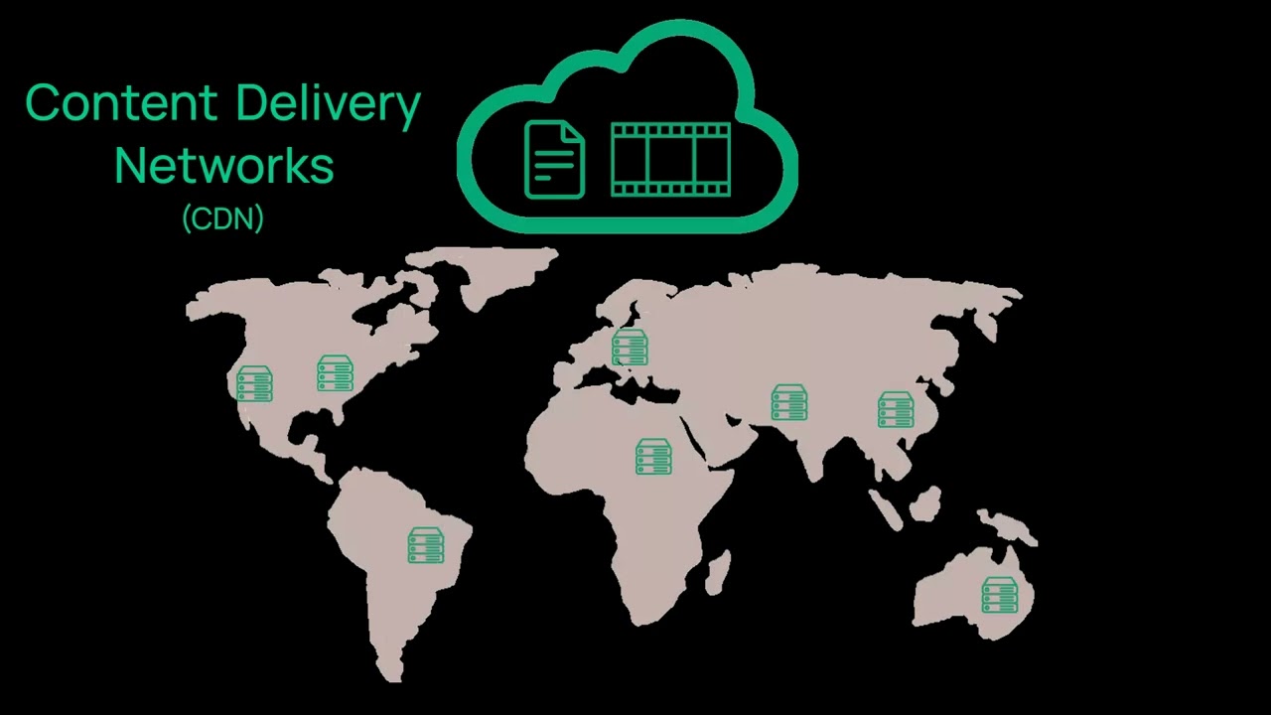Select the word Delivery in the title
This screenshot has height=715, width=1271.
pos(328,105)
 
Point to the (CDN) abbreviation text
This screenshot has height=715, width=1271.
pos(223,218)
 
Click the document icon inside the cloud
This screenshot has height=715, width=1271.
pos(554,160)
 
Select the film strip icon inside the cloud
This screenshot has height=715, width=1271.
pos(670,160)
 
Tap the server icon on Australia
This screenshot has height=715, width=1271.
pos(1000,595)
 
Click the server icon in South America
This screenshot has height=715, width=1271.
pos(426,545)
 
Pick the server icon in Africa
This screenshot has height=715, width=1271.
pos(653,456)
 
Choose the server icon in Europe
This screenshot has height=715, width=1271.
pos(630,348)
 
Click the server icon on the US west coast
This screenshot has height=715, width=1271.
pos(254,383)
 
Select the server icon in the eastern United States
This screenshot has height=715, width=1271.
pos(336,372)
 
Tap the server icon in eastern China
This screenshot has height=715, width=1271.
pos(896,410)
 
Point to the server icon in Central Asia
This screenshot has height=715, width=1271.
pos(789,402)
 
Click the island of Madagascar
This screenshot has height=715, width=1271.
pos(718,573)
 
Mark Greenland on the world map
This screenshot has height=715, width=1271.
pos(483,271)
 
